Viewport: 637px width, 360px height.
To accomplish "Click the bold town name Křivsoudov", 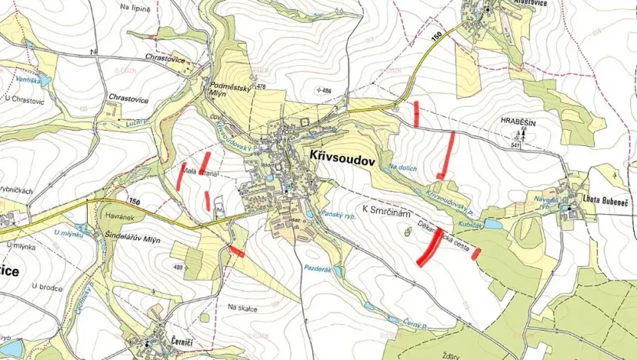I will [x=342, y=155].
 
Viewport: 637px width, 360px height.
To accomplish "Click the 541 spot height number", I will [x=515, y=145].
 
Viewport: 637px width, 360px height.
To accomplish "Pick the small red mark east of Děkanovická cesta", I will [x=476, y=253].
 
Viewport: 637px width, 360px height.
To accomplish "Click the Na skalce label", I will [x=241, y=308].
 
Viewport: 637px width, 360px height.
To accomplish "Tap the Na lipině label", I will [x=135, y=6].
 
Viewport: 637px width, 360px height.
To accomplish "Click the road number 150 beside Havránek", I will [x=135, y=202].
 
